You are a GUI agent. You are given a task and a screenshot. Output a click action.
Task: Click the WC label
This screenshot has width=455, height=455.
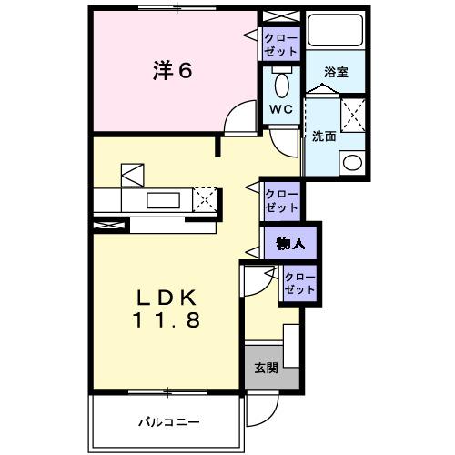point(279,110)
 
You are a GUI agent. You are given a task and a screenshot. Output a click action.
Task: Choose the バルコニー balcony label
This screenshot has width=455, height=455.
point(168,421)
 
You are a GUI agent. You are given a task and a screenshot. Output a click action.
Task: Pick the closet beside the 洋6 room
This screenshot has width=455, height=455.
point(276,44)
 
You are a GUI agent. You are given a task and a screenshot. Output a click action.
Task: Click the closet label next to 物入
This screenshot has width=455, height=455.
point(298,283)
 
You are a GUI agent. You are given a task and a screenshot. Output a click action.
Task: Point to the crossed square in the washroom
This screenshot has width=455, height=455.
point(351,118)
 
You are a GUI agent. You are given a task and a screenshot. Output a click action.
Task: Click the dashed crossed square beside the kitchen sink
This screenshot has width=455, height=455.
point(207,198)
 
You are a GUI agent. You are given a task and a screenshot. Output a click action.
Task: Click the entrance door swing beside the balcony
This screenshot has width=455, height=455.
point(259,414)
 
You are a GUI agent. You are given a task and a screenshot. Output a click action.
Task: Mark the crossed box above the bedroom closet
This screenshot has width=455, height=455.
point(275,17)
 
